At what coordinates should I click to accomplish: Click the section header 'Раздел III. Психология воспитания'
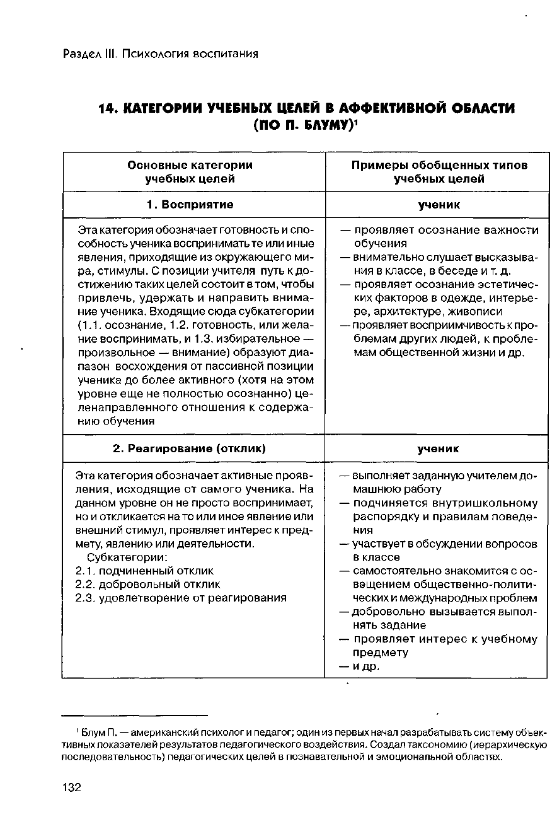161,54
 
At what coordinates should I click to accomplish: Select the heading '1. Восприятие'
190,205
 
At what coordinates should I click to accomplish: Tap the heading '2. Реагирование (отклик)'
189,448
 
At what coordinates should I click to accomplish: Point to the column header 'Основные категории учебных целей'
190,172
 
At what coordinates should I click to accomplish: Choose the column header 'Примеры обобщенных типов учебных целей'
439,172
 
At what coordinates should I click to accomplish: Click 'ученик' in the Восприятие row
439,205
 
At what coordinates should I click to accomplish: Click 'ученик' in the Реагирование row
439,448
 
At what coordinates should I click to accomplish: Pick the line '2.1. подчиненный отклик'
144,571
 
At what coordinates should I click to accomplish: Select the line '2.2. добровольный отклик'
148,584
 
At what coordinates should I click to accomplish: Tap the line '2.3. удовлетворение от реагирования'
181,598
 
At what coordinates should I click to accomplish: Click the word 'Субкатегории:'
127,557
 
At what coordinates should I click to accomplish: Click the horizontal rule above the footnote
135,715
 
